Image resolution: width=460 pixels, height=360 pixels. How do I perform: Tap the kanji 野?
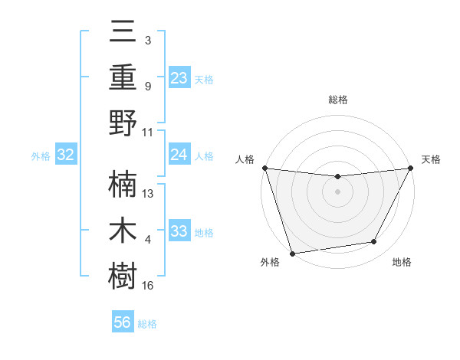pyautogui.click(x=123, y=123)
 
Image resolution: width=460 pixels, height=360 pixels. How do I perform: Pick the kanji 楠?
pyautogui.click(x=123, y=184)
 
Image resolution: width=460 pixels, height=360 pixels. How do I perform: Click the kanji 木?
pyautogui.click(x=123, y=230)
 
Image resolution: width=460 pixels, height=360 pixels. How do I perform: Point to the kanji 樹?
pyautogui.click(x=123, y=276)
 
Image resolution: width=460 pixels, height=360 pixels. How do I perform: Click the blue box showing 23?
pyautogui.click(x=179, y=77)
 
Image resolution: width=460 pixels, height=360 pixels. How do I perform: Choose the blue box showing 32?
pyautogui.click(x=66, y=155)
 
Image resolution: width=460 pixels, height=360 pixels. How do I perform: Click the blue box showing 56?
pyautogui.click(x=123, y=322)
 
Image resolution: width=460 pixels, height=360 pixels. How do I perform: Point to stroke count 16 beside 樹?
pyautogui.click(x=148, y=286)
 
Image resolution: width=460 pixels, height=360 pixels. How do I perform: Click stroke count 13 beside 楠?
pyautogui.click(x=148, y=194)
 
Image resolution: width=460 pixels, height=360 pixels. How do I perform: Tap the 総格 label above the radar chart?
pyautogui.click(x=337, y=100)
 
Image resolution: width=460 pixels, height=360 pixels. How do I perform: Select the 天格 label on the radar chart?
pyautogui.click(x=431, y=159)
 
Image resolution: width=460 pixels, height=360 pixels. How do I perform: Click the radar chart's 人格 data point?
pyautogui.click(x=264, y=168)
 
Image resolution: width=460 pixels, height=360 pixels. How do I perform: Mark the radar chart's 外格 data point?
pyautogui.click(x=292, y=253)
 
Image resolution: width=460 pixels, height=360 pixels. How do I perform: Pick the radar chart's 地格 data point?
pyautogui.click(x=374, y=242)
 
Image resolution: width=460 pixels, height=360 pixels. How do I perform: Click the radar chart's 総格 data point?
pyautogui.click(x=337, y=177)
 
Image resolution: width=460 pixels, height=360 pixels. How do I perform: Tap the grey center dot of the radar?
pyautogui.click(x=337, y=191)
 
